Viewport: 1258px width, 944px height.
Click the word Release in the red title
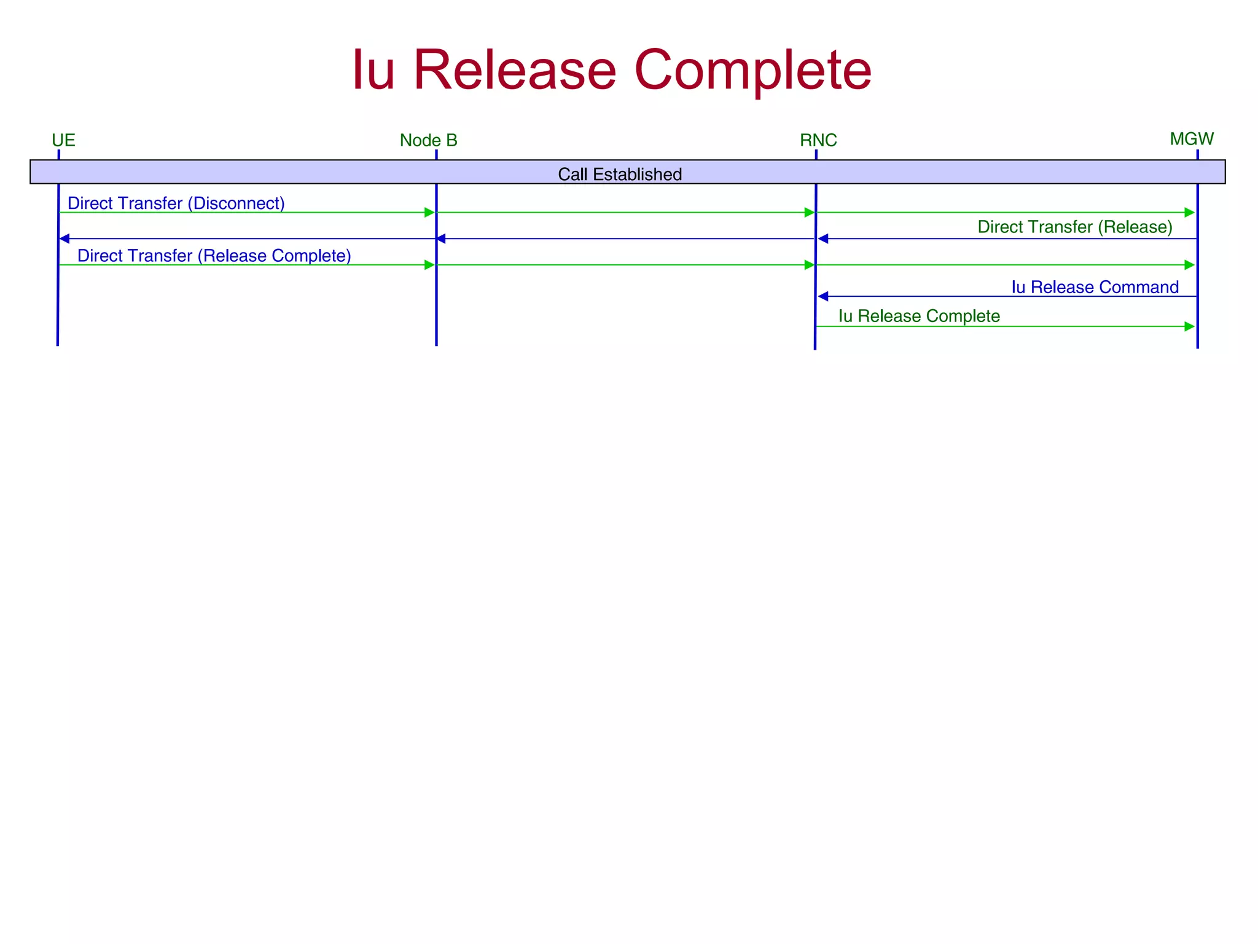point(515,71)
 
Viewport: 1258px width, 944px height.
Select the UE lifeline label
point(63,141)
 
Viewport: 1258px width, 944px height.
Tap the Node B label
point(428,141)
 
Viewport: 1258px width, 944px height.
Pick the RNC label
point(818,141)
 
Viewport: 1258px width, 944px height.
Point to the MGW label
point(1191,139)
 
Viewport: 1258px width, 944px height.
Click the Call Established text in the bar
point(619,175)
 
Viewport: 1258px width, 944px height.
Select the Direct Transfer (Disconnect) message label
point(176,203)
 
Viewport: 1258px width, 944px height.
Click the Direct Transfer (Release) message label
point(1074,227)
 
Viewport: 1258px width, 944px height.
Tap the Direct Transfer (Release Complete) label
point(214,256)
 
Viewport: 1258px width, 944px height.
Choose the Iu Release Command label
point(1095,287)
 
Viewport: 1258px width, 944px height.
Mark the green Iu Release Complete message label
point(918,316)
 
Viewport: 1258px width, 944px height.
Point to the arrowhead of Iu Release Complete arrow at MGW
point(1189,326)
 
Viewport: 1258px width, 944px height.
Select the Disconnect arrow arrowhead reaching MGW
point(1189,213)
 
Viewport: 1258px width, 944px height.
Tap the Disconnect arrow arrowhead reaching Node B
point(429,213)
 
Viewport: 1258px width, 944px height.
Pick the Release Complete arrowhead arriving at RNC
point(809,265)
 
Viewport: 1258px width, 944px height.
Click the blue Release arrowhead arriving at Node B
point(441,238)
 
